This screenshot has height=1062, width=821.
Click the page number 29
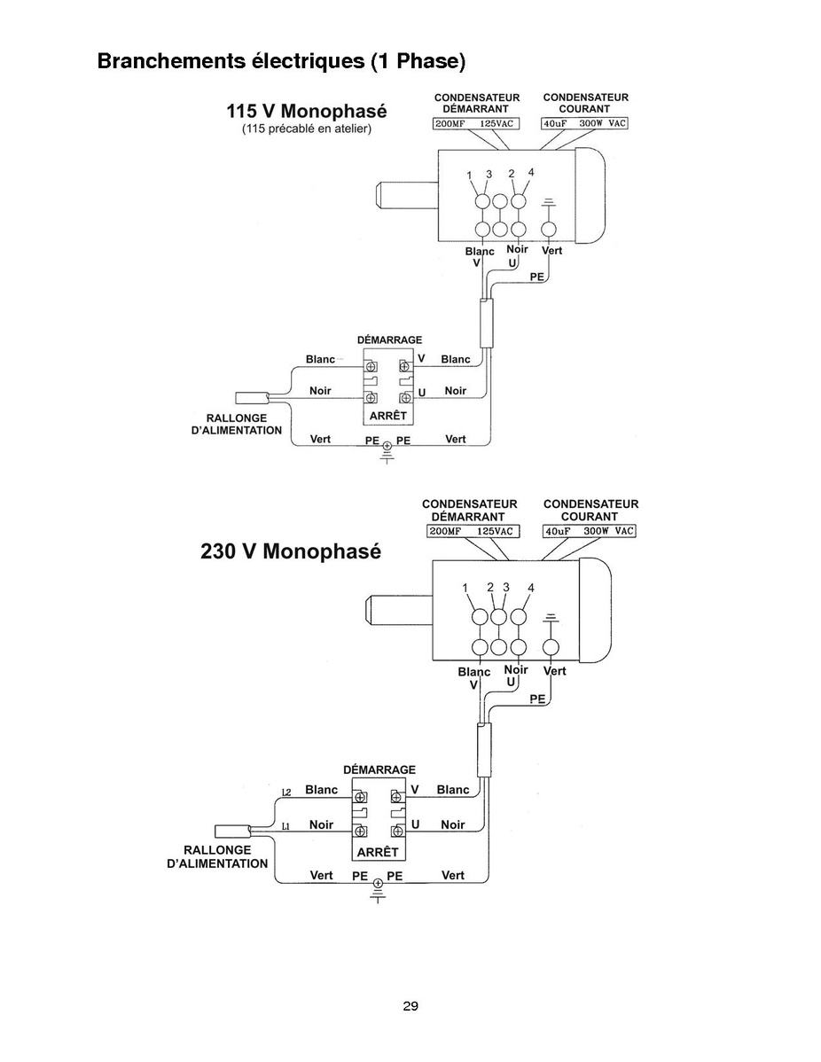tap(410, 1006)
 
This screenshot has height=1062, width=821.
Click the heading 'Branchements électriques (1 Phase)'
tap(281, 61)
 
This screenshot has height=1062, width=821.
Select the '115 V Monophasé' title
tap(306, 111)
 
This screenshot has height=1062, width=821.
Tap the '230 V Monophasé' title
tap(291, 551)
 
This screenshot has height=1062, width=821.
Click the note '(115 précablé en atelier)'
tap(307, 129)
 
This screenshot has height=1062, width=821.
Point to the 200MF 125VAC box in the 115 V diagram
tap(475, 123)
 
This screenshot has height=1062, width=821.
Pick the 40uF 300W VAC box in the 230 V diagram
tap(590, 531)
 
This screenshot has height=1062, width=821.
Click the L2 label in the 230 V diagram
tap(285, 792)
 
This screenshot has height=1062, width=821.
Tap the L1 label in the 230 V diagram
tap(285, 826)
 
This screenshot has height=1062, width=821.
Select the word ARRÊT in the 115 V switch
tap(388, 415)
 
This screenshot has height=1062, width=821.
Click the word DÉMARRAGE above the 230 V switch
tap(379, 769)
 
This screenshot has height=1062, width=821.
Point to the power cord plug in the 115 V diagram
tap(252, 398)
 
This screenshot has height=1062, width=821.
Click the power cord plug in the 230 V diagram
tap(231, 831)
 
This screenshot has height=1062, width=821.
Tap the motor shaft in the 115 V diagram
tap(406, 195)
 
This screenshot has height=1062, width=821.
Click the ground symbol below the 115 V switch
tap(387, 452)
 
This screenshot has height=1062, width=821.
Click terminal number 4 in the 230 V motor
tap(530, 588)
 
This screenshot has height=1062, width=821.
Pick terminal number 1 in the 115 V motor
tap(469, 176)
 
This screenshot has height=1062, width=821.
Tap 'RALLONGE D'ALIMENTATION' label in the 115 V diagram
tap(237, 424)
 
